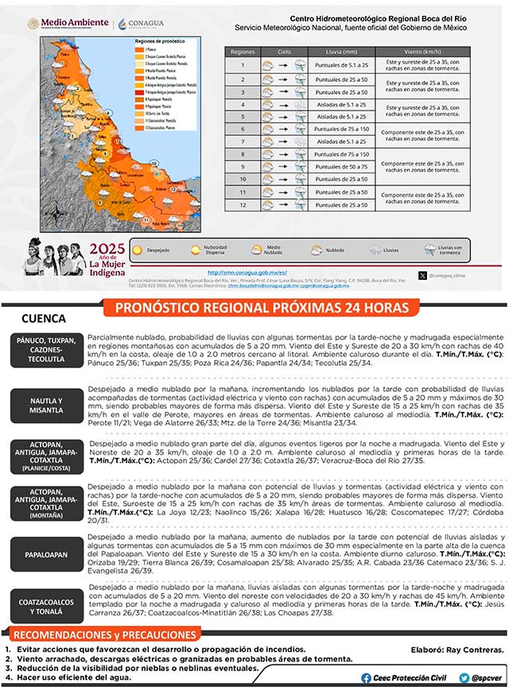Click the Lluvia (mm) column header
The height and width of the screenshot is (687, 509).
343,51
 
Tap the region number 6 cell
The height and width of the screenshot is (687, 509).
243,127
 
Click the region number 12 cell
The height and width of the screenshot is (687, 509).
243,204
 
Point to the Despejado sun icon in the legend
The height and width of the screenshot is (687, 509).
138,250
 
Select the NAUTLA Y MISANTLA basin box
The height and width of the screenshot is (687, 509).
45,405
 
